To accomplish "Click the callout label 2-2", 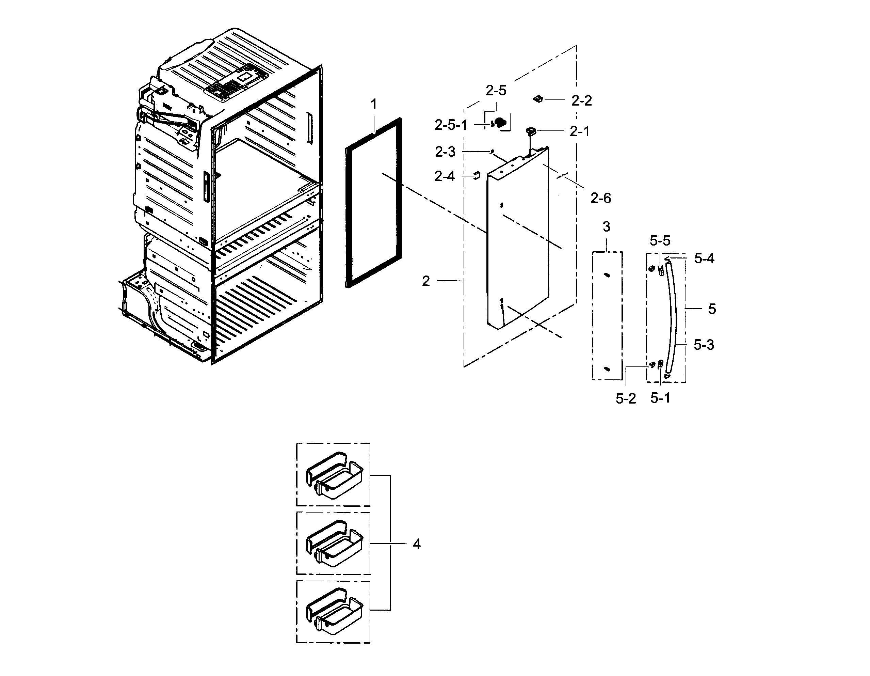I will pyautogui.click(x=581, y=101).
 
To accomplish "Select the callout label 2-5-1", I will pyautogui.click(x=451, y=125).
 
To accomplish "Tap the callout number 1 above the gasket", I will pyautogui.click(x=373, y=105).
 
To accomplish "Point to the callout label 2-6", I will pyautogui.click(x=600, y=198).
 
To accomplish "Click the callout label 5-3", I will pyautogui.click(x=704, y=345).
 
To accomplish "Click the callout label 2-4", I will pyautogui.click(x=444, y=176).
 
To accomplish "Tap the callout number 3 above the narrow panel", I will pyautogui.click(x=606, y=227).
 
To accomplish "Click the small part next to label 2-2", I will pyautogui.click(x=538, y=99).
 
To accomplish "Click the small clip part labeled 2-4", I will pyautogui.click(x=476, y=175).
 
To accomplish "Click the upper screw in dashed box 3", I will pyautogui.click(x=606, y=275).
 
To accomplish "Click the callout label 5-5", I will pyautogui.click(x=660, y=241).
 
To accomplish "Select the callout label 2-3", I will pyautogui.click(x=445, y=152).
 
